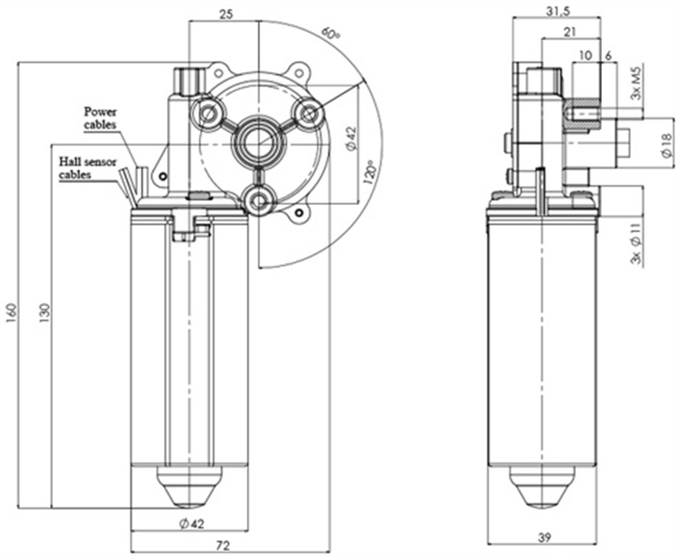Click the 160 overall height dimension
10,309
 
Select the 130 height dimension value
44,309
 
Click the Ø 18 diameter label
665,144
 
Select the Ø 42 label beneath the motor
191,523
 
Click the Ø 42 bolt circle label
349,137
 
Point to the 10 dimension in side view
585,55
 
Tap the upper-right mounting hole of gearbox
307,114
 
